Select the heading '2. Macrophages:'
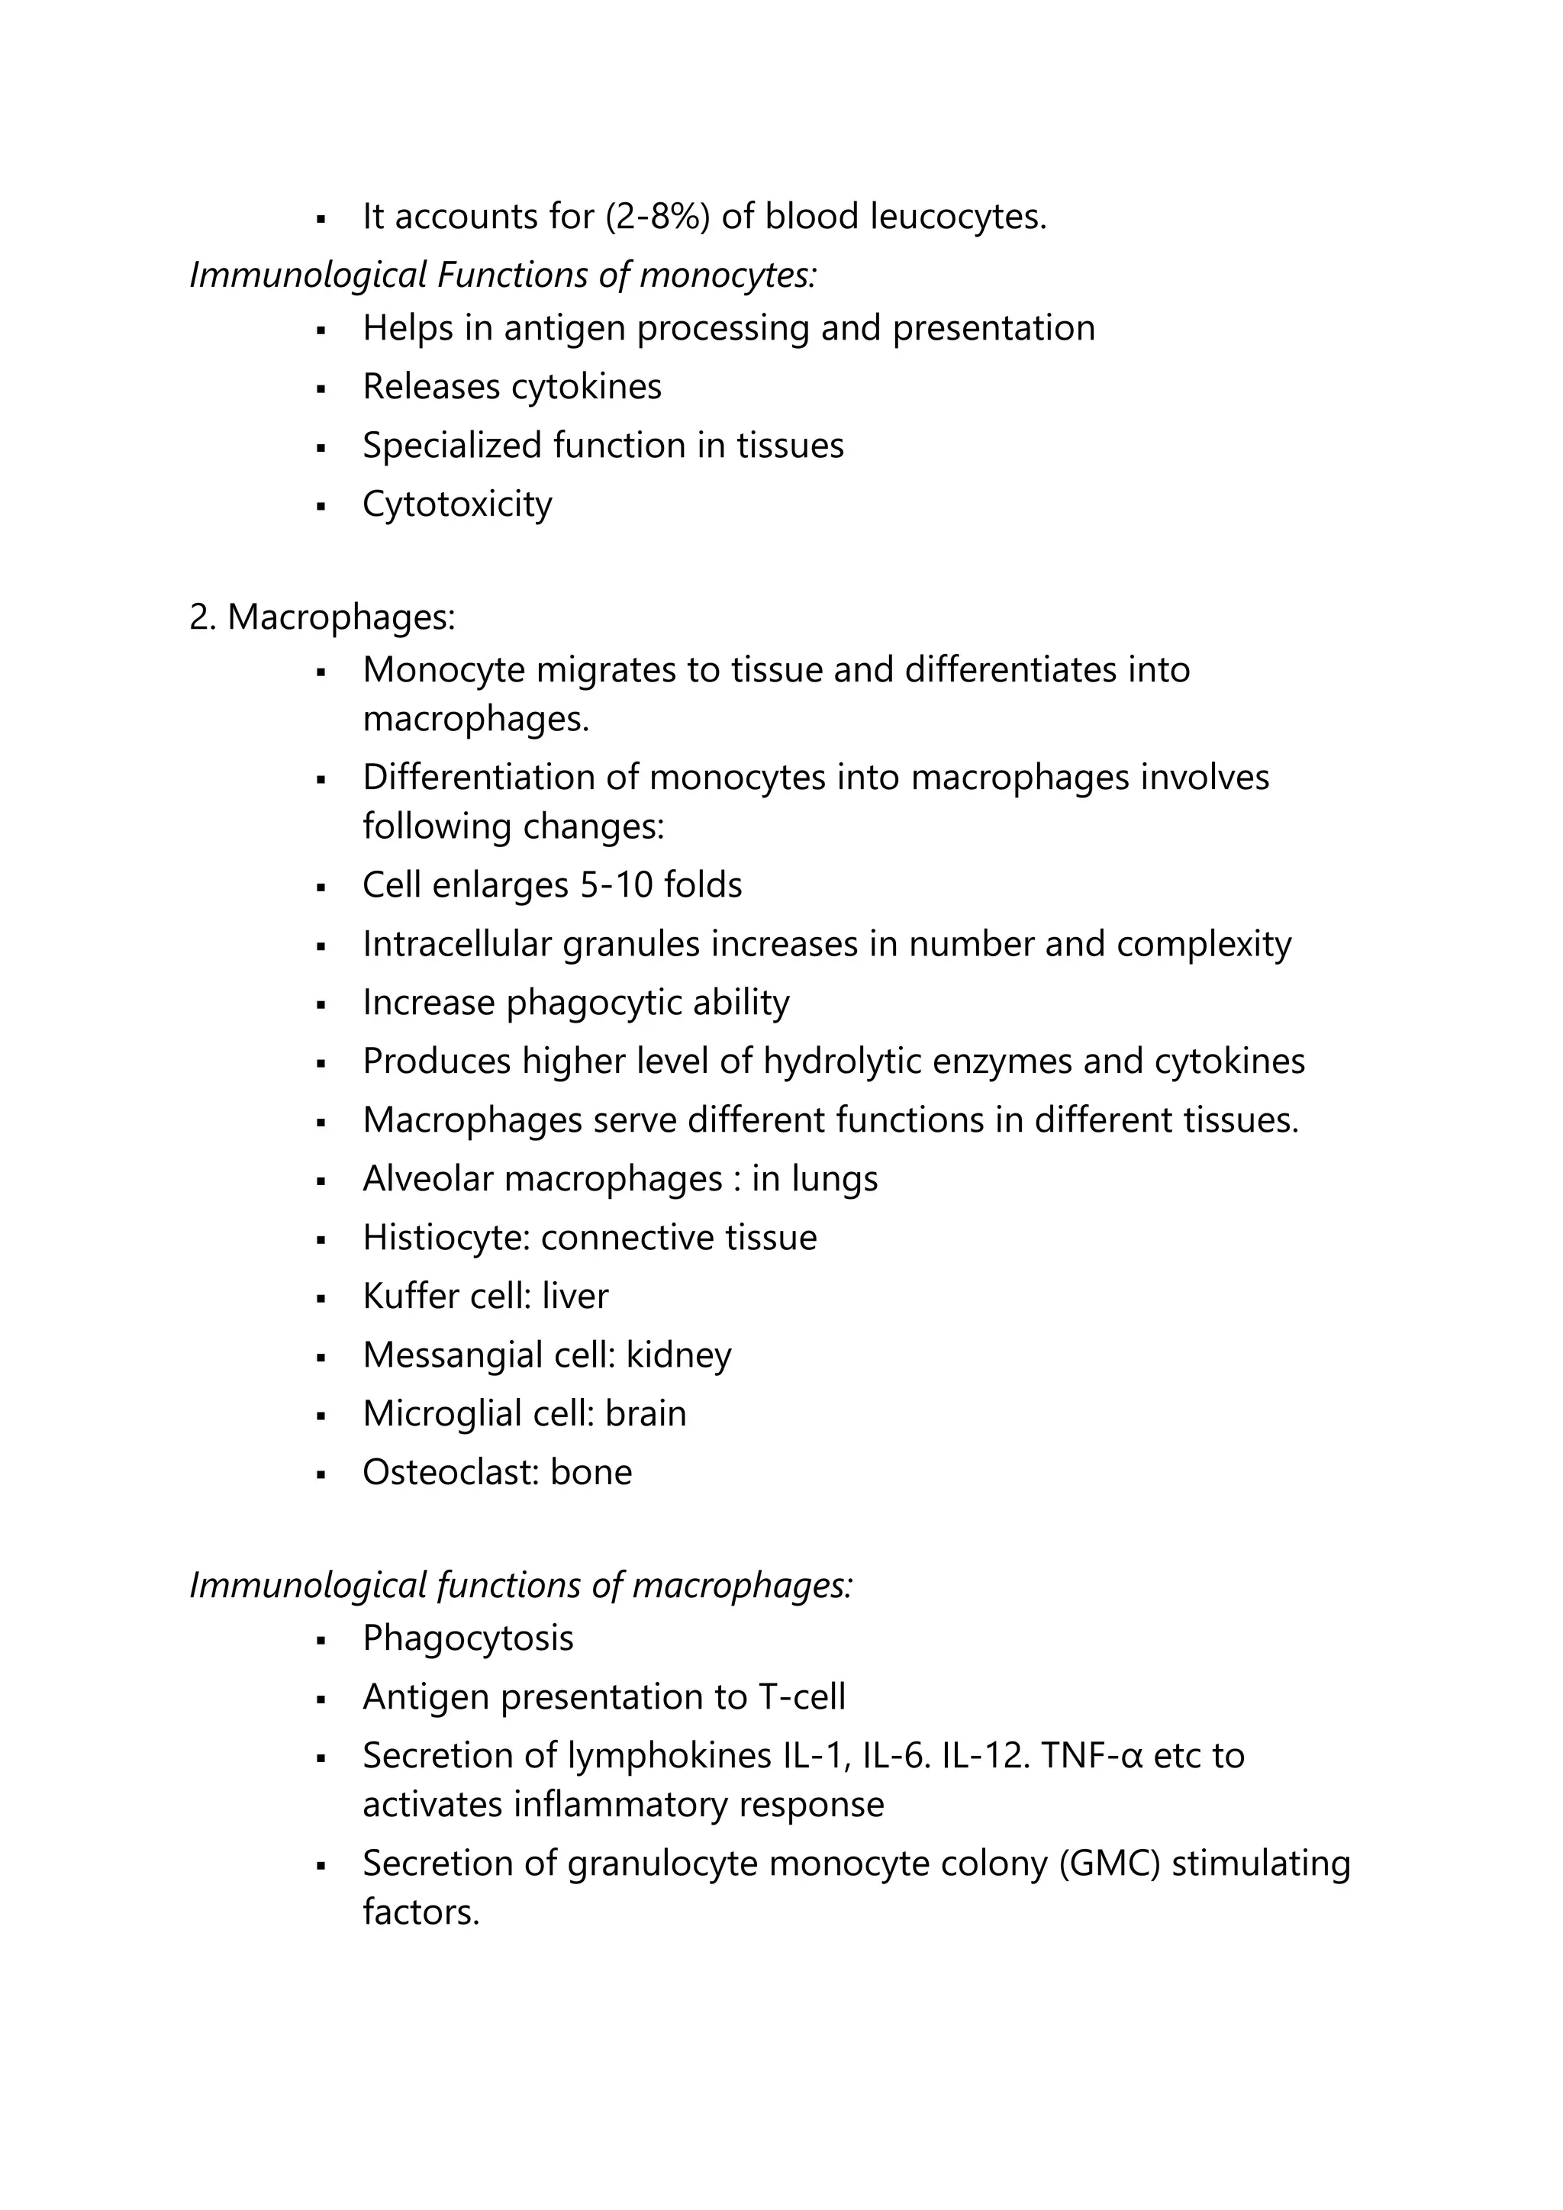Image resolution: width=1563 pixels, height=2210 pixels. tap(321, 617)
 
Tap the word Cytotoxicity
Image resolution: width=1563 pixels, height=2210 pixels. tap(457, 504)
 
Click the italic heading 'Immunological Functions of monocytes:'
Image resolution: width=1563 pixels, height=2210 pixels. tap(502, 275)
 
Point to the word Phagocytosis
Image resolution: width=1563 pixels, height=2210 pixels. tap(468, 1638)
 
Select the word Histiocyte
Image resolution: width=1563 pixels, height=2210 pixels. tap(446, 1237)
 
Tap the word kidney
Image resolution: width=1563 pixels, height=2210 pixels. tap(678, 1355)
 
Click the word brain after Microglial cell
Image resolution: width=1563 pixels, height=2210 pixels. tap(646, 1413)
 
